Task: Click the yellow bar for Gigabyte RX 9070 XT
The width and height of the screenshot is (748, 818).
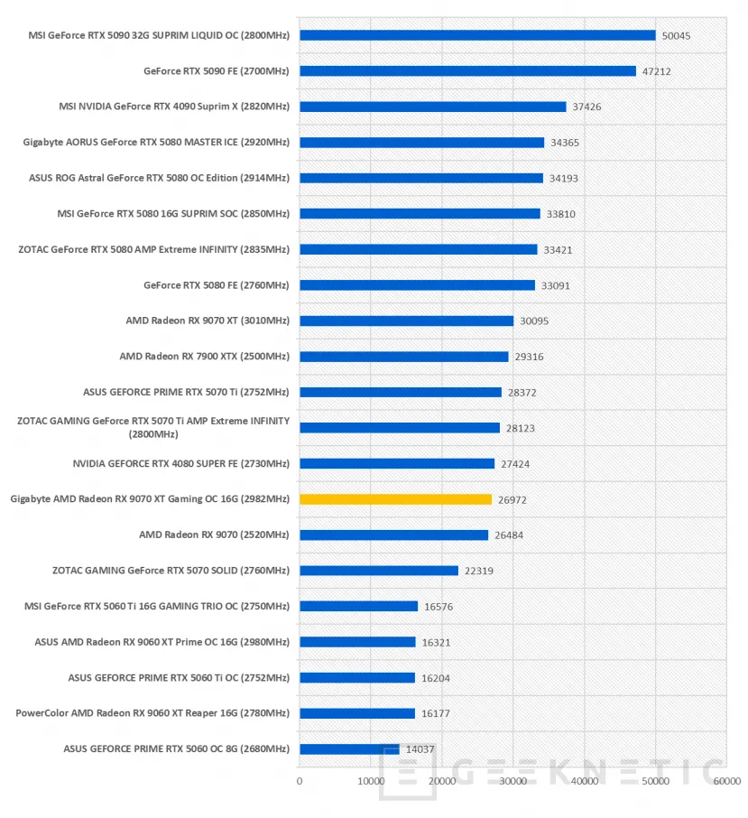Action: coord(395,499)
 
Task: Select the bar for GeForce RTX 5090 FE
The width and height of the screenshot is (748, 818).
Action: coord(467,70)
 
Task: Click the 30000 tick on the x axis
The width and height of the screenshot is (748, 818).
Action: coord(513,781)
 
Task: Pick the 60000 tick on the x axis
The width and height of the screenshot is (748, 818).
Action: coord(725,781)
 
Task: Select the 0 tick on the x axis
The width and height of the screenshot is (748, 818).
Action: coord(300,781)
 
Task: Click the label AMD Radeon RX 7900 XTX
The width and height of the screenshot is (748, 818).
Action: coord(204,357)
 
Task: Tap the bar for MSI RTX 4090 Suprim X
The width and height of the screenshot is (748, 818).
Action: coord(432,107)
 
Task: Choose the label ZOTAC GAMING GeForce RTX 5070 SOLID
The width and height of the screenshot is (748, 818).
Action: coord(171,571)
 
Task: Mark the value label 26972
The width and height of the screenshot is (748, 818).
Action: coord(513,499)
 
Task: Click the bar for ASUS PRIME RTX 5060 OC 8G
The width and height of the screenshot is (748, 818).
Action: coord(349,748)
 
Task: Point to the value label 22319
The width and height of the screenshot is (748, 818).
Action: coord(479,571)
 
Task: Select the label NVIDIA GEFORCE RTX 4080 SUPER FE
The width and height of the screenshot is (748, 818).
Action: coord(180,463)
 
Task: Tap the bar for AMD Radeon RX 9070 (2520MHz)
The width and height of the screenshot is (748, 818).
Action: coord(393,534)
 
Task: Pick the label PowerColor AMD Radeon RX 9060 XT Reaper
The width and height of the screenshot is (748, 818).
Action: coord(152,713)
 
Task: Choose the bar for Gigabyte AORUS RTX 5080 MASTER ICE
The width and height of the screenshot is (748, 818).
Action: coord(421,142)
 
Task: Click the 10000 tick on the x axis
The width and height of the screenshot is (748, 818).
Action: coord(371,781)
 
